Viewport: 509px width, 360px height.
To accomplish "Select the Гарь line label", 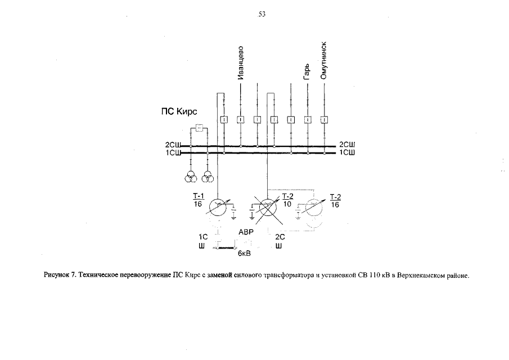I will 307,71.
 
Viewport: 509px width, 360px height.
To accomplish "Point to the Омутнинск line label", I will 324,62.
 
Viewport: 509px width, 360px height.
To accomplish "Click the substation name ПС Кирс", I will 175,112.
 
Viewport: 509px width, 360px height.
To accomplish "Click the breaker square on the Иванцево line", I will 240,119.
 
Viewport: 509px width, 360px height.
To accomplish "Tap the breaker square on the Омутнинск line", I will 324,119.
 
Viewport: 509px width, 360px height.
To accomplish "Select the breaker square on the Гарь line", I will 307,119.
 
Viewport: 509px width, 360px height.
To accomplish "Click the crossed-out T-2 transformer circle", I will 268,206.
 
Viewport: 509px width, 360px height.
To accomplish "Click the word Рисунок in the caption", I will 55,276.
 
